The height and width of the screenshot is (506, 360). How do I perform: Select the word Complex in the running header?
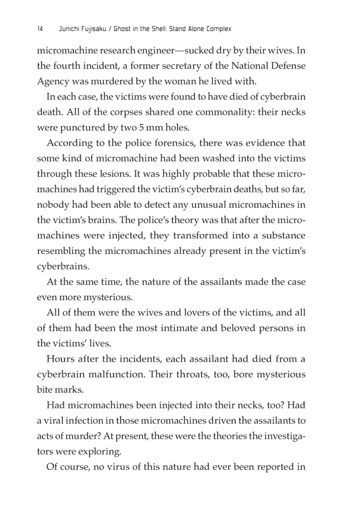[x=217, y=28]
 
